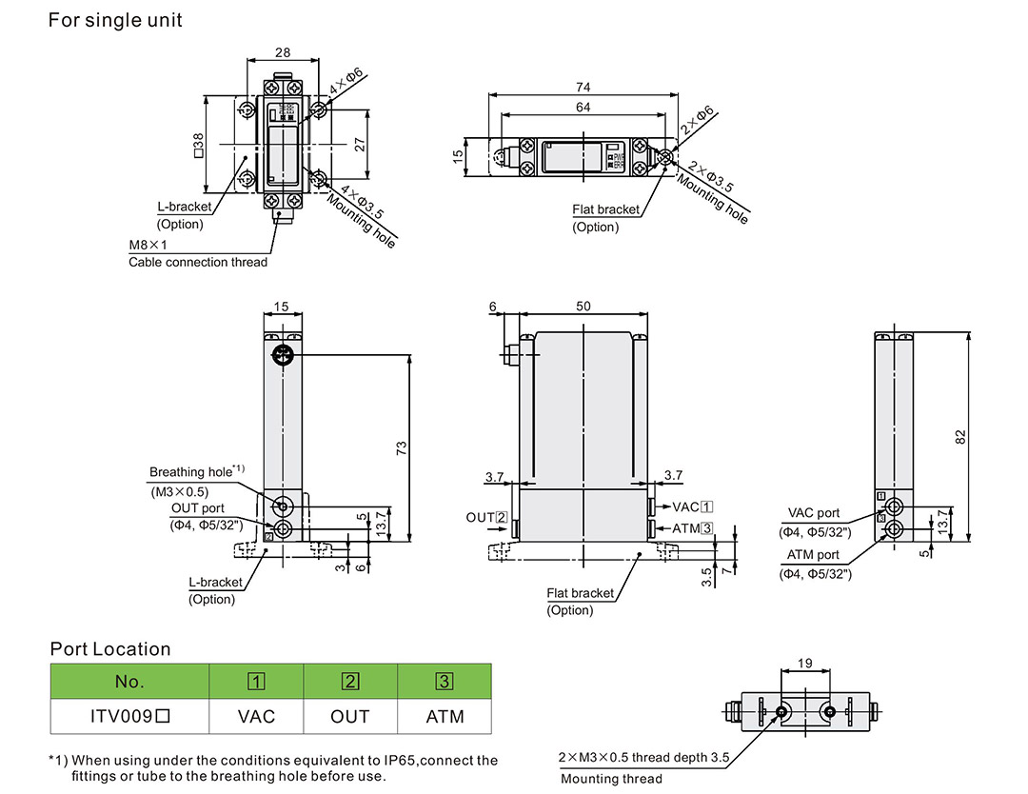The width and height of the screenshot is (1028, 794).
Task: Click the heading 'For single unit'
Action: click(x=115, y=19)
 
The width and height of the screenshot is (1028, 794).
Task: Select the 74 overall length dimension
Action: click(x=583, y=87)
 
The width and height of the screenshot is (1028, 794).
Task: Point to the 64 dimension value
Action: click(x=583, y=108)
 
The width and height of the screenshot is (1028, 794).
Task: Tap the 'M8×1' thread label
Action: click(x=148, y=246)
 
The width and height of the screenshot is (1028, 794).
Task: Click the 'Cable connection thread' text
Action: click(x=198, y=262)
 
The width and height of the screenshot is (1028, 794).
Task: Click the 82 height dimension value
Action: click(x=960, y=436)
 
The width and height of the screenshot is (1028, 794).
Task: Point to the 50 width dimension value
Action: click(x=583, y=306)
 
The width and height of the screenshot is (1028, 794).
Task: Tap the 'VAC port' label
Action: click(x=814, y=513)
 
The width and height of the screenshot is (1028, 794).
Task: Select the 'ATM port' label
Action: click(x=813, y=555)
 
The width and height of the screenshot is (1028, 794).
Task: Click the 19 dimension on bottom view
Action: click(x=804, y=664)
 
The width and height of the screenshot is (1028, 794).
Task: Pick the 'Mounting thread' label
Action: click(x=611, y=779)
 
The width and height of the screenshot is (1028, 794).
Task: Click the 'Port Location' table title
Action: click(x=110, y=649)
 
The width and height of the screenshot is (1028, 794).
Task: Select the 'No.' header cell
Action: click(x=128, y=682)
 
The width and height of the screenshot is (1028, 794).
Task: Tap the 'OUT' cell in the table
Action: click(x=350, y=716)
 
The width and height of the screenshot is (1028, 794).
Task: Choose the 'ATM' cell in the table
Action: click(x=445, y=716)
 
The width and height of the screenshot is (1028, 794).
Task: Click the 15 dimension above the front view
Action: click(x=281, y=306)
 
